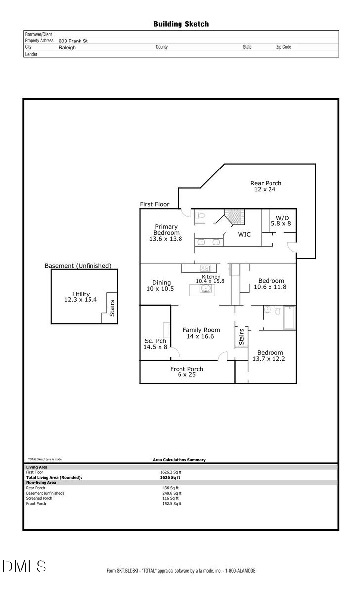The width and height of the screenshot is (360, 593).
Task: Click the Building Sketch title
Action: click(x=180, y=24)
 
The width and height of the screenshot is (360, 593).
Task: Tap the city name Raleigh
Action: click(x=67, y=47)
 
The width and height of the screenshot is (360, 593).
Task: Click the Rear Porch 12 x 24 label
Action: click(x=266, y=186)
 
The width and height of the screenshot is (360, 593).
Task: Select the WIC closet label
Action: click(x=244, y=234)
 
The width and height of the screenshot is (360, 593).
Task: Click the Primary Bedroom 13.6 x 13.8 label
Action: click(x=165, y=233)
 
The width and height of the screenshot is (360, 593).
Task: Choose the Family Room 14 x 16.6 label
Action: click(x=201, y=333)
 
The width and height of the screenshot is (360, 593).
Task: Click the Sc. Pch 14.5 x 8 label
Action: click(x=155, y=344)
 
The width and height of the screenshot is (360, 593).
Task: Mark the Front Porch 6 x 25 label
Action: click(x=186, y=372)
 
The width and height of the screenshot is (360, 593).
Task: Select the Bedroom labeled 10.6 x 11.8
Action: click(x=270, y=284)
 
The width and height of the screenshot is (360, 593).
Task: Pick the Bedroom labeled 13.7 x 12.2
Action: click(x=269, y=356)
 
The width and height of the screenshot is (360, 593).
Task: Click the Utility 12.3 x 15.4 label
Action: click(x=81, y=297)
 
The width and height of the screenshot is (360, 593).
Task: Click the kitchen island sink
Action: click(x=205, y=289)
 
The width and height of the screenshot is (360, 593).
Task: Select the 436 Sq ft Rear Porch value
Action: click(x=172, y=488)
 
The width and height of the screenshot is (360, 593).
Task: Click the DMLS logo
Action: click(x=24, y=567)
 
